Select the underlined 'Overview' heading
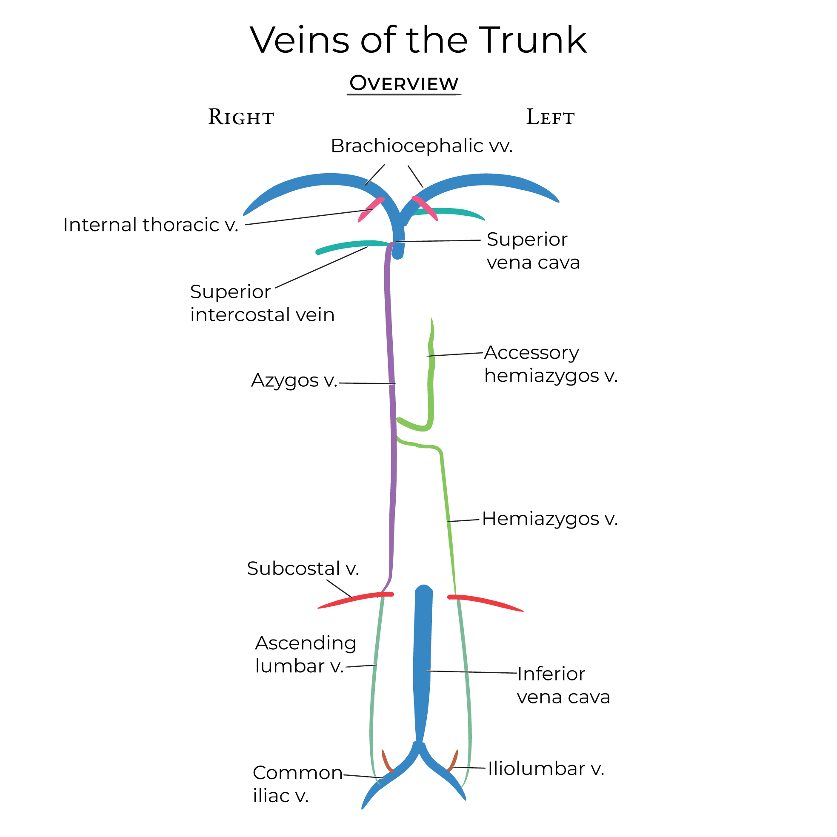(404, 83)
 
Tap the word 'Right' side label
(241, 117)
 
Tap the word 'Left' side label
(550, 117)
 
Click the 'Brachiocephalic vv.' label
(421, 146)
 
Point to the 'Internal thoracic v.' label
(151, 225)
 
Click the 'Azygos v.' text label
(294, 380)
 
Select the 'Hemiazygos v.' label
(549, 519)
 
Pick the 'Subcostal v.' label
(303, 568)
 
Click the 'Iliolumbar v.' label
(546, 768)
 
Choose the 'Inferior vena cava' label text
(563, 686)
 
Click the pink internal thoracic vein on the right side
(371, 210)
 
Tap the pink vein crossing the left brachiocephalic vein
(425, 208)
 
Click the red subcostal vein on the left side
(485, 602)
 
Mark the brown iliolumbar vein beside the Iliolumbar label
(453, 761)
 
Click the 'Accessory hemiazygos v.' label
(550, 364)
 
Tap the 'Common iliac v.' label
(297, 784)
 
